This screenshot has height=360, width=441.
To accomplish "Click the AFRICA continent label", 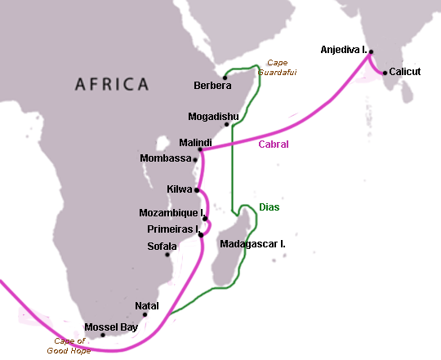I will click(x=113, y=83).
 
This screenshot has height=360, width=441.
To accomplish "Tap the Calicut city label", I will click(x=406, y=72).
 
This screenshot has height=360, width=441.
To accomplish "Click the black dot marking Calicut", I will click(x=384, y=72).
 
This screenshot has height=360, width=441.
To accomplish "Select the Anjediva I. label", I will click(x=343, y=51).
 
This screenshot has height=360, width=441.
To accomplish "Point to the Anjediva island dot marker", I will click(x=371, y=51).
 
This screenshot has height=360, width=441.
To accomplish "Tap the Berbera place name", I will click(x=212, y=86).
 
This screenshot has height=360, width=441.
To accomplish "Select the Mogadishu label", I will click(x=213, y=116).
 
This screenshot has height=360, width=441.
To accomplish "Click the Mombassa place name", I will click(x=166, y=158).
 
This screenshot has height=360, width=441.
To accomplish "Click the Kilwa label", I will click(x=180, y=189).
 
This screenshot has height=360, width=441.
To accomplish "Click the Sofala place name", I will click(x=163, y=245).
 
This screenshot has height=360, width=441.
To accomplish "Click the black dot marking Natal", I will click(x=145, y=314).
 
